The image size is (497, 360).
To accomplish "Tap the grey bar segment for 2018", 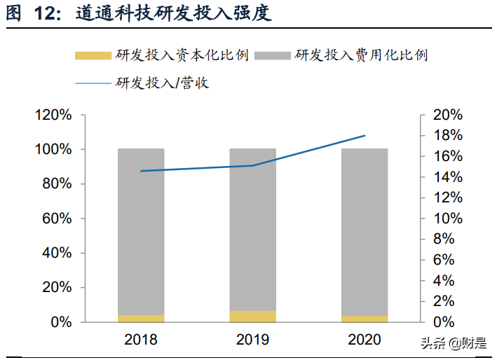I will tap(141, 231).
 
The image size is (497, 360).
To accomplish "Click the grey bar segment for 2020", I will tap(365, 232).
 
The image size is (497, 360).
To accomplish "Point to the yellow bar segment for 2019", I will tap(252, 317).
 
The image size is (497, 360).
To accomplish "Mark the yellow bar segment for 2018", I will tap(141, 319).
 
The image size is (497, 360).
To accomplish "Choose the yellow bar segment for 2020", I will tap(365, 319).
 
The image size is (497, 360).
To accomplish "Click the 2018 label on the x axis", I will tap(141, 340).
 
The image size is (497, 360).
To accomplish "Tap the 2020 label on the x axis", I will tap(365, 340).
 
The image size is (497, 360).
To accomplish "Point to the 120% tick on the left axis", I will tap(53, 116).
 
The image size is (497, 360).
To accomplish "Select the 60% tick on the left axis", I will tap(56, 219).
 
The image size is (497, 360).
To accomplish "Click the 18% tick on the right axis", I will tap(446, 135).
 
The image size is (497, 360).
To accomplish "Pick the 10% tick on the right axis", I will tap(446, 219).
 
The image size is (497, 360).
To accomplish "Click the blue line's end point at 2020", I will tap(365, 136).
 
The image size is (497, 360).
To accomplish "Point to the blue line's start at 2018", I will tap(141, 171).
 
